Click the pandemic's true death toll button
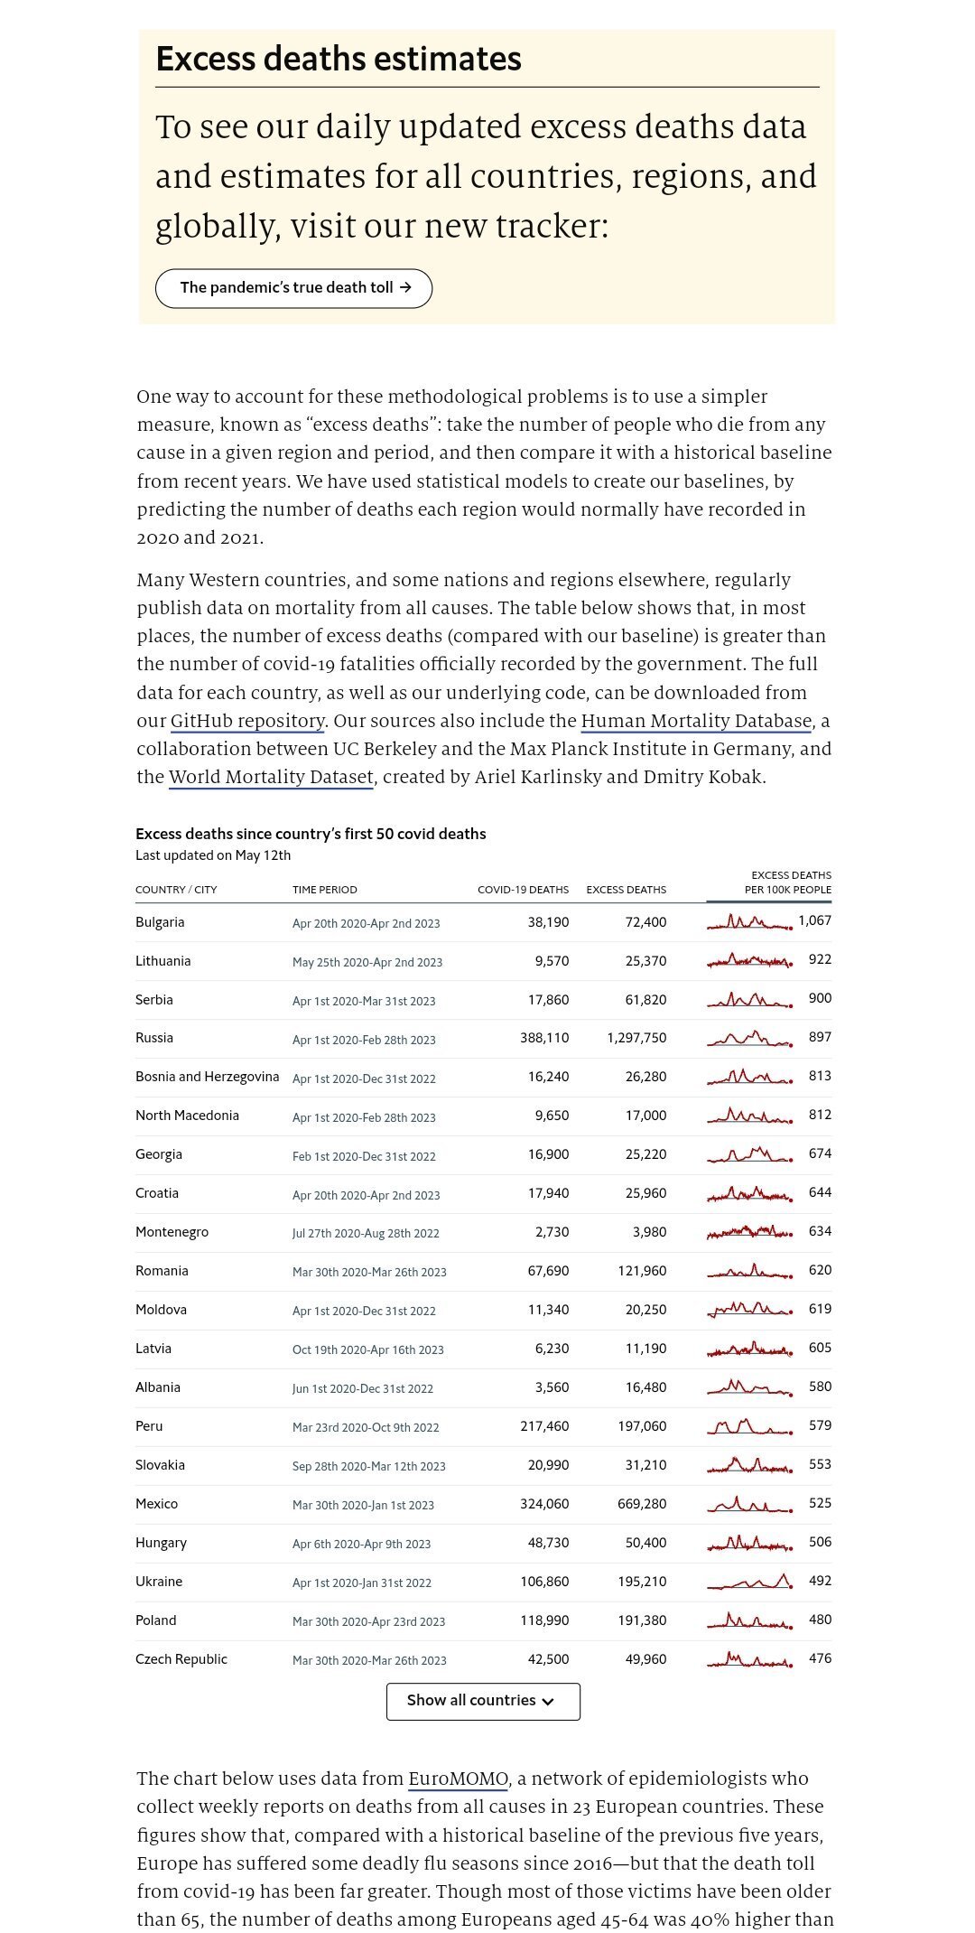point(294,288)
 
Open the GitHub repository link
point(247,721)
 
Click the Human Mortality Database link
point(696,721)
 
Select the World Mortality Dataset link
point(271,777)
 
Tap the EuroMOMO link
point(458,1779)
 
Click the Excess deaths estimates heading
point(339,59)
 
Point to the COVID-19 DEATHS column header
point(523,890)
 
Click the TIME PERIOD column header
point(325,890)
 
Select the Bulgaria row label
point(160,922)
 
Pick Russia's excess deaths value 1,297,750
point(636,1038)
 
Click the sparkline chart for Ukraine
point(750,1582)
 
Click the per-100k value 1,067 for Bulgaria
point(814,920)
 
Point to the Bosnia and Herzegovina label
point(207,1077)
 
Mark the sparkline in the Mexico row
point(750,1504)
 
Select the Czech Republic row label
point(181,1659)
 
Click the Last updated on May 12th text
point(213,855)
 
